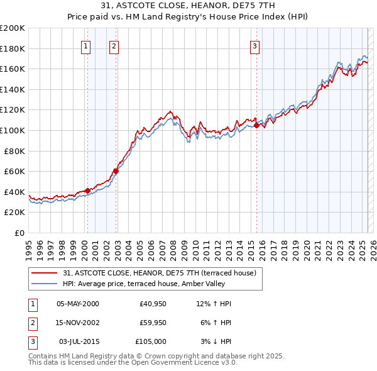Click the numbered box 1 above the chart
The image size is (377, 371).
pos(85,45)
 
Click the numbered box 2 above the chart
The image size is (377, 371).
pos(113,45)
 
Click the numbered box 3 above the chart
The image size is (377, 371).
pos(254,45)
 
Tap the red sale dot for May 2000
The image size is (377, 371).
pos(87,191)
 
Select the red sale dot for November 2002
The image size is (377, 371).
pos(116,171)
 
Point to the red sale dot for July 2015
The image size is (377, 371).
pos(256,126)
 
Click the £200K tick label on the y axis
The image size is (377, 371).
pos(13,28)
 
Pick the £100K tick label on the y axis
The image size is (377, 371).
pos(13,130)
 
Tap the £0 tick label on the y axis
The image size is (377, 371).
pos(19,233)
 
